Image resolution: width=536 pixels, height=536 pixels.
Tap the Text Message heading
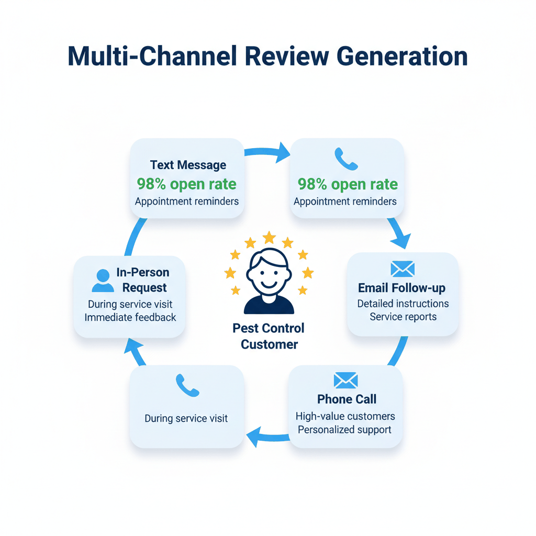188,165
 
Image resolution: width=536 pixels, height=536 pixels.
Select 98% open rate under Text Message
186,184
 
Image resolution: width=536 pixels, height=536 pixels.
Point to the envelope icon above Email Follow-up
402,269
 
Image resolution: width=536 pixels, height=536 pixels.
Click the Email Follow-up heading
402,288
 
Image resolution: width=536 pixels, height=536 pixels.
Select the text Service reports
403,317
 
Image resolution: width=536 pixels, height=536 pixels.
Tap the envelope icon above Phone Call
345,380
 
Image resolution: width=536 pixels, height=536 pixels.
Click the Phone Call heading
347,399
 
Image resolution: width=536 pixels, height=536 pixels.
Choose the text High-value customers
345,417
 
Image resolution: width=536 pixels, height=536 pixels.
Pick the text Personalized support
345,430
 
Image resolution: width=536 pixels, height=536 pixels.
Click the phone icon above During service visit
187,385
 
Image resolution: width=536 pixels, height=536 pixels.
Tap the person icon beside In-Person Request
103,281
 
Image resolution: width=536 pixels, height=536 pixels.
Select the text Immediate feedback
130,317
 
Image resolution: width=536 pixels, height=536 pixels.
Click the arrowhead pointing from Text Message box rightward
283,152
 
